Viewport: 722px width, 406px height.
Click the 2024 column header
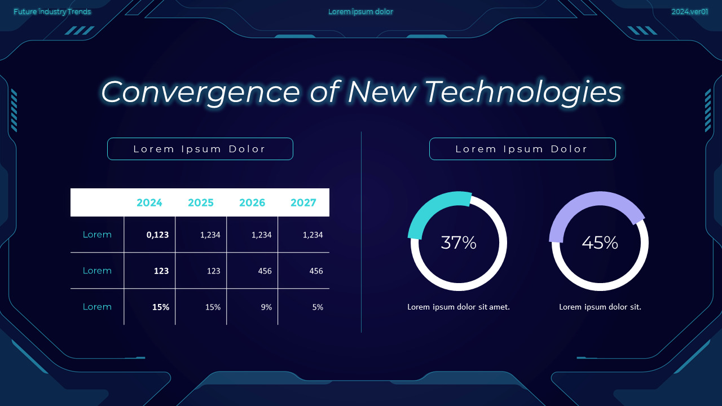[x=149, y=202]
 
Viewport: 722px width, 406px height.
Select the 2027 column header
[x=303, y=202]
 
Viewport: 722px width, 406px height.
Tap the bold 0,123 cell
[x=157, y=235]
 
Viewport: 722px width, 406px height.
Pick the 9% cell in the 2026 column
[x=266, y=307]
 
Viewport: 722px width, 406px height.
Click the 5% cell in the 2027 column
[x=318, y=307]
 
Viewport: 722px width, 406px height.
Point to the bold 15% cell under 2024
[x=160, y=307]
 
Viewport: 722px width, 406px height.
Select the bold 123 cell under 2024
[x=161, y=271]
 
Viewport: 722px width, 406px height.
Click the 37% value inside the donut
[x=459, y=242]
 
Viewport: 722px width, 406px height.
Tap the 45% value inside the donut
[x=600, y=242]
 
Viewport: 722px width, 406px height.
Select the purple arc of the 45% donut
[x=587, y=202]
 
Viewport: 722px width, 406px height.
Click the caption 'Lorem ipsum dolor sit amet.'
[x=459, y=307]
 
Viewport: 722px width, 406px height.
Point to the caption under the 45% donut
[x=600, y=307]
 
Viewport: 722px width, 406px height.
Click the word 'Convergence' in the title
[x=200, y=91]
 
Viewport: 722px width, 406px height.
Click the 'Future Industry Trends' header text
[x=52, y=12]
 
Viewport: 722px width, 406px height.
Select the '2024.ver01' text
[x=689, y=12]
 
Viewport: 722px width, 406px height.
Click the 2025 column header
[x=201, y=202]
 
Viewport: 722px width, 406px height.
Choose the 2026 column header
[x=252, y=202]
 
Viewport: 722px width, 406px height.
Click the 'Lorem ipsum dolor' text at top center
[x=360, y=12]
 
